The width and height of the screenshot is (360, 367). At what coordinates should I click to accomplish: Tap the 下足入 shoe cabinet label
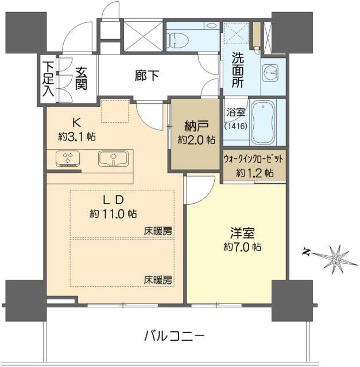48,80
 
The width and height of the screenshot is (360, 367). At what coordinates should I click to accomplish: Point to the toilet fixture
180,39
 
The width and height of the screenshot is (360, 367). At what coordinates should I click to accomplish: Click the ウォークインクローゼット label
253,160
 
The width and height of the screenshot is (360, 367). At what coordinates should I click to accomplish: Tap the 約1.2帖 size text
254,173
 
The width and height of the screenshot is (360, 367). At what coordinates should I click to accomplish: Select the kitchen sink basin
111,158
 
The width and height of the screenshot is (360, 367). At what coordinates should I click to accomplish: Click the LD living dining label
112,201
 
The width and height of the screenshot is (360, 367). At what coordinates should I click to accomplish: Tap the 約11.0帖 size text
113,214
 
